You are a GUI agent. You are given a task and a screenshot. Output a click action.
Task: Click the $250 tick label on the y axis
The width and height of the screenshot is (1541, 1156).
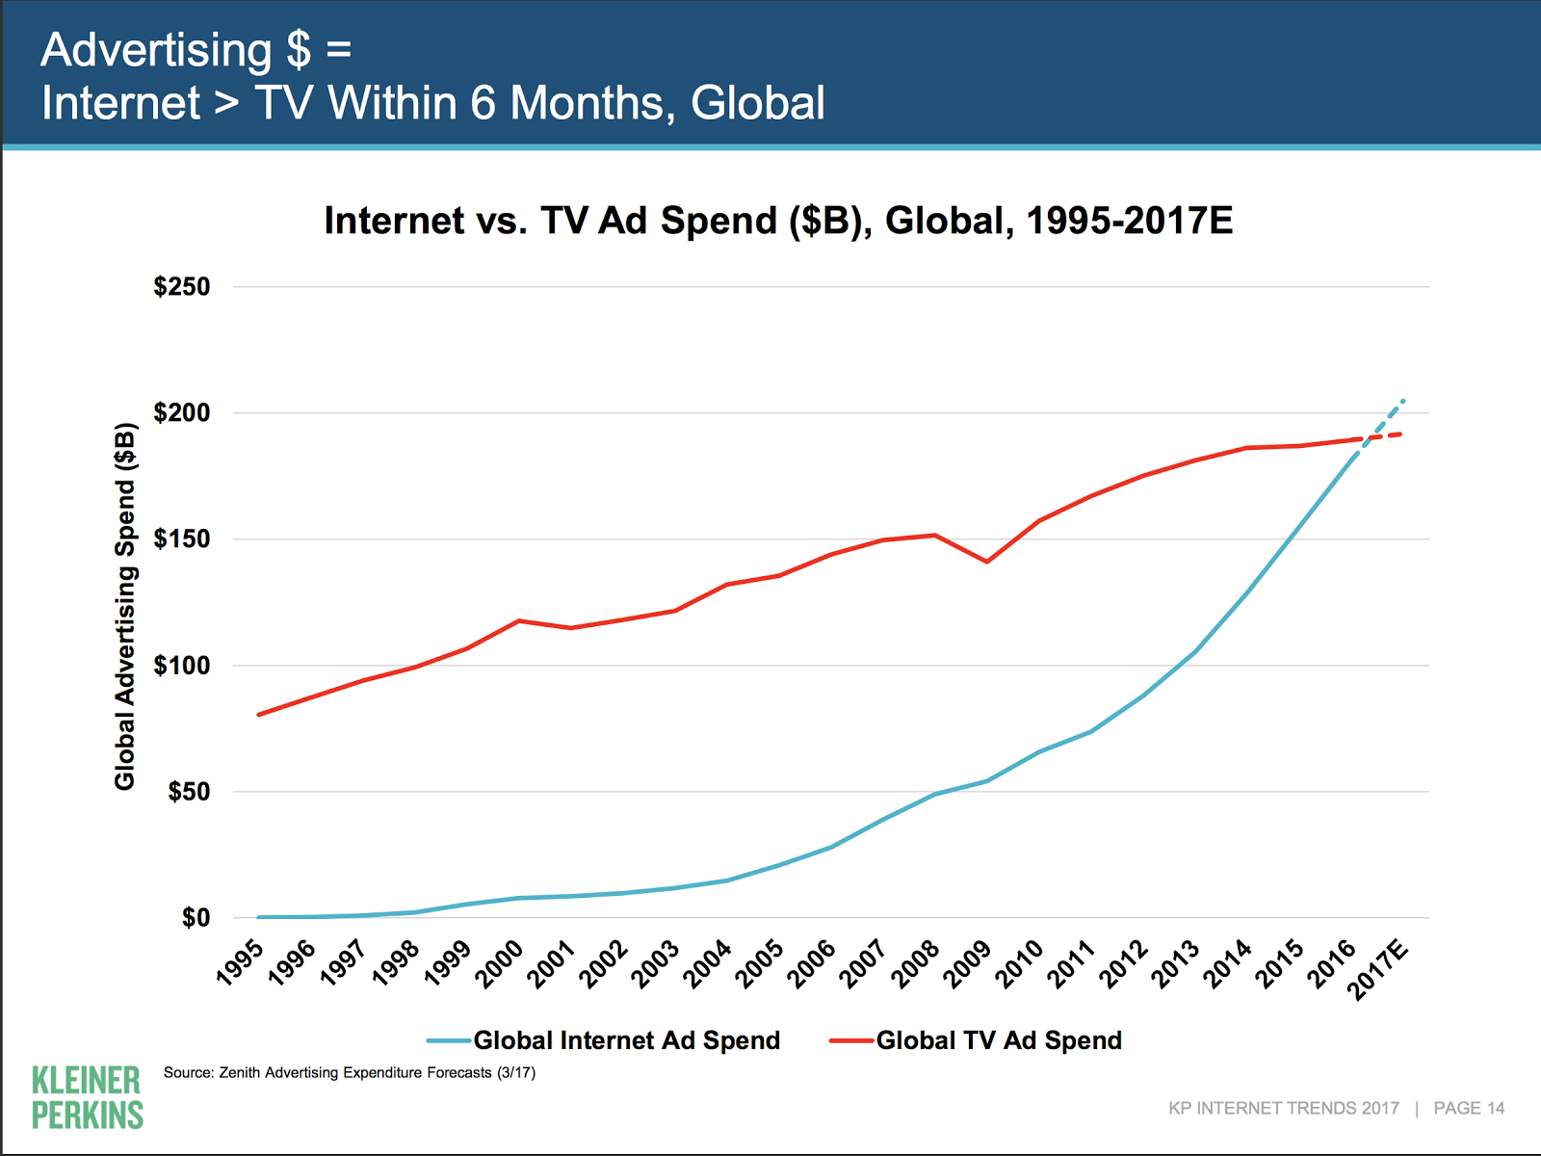point(182,287)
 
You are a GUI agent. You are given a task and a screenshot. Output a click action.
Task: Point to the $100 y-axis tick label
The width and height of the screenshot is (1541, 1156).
point(182,666)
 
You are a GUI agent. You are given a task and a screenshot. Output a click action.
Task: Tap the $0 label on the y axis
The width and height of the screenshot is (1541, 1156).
point(196,918)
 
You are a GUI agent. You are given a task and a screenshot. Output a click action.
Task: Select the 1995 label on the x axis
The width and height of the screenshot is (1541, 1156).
point(241,962)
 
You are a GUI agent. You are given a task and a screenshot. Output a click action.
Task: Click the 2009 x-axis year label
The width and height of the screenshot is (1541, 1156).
point(967,964)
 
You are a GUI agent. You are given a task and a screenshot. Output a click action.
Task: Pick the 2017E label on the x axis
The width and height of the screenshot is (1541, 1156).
point(1379,970)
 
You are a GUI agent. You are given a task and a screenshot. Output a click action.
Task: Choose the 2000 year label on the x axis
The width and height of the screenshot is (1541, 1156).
point(501,964)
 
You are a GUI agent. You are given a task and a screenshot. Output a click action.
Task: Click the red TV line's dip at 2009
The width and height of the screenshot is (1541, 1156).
point(987,562)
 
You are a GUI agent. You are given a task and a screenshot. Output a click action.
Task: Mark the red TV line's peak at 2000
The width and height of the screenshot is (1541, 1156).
point(519,620)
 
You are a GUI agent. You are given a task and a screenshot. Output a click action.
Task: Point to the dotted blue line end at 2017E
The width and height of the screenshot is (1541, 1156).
point(1403,400)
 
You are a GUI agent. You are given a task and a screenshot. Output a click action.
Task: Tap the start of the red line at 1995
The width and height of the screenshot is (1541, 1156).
point(259,715)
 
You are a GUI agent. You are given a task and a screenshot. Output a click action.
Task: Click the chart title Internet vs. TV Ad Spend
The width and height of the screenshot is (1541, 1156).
point(778,221)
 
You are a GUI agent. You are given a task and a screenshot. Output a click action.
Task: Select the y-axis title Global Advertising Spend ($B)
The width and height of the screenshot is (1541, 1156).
point(125,606)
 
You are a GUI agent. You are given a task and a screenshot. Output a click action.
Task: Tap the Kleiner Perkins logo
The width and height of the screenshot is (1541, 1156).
point(87,1097)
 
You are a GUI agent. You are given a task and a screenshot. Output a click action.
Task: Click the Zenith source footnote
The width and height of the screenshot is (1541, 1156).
point(350,1072)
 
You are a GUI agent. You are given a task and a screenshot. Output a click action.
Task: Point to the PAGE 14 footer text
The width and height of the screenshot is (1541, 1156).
point(1469,1108)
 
